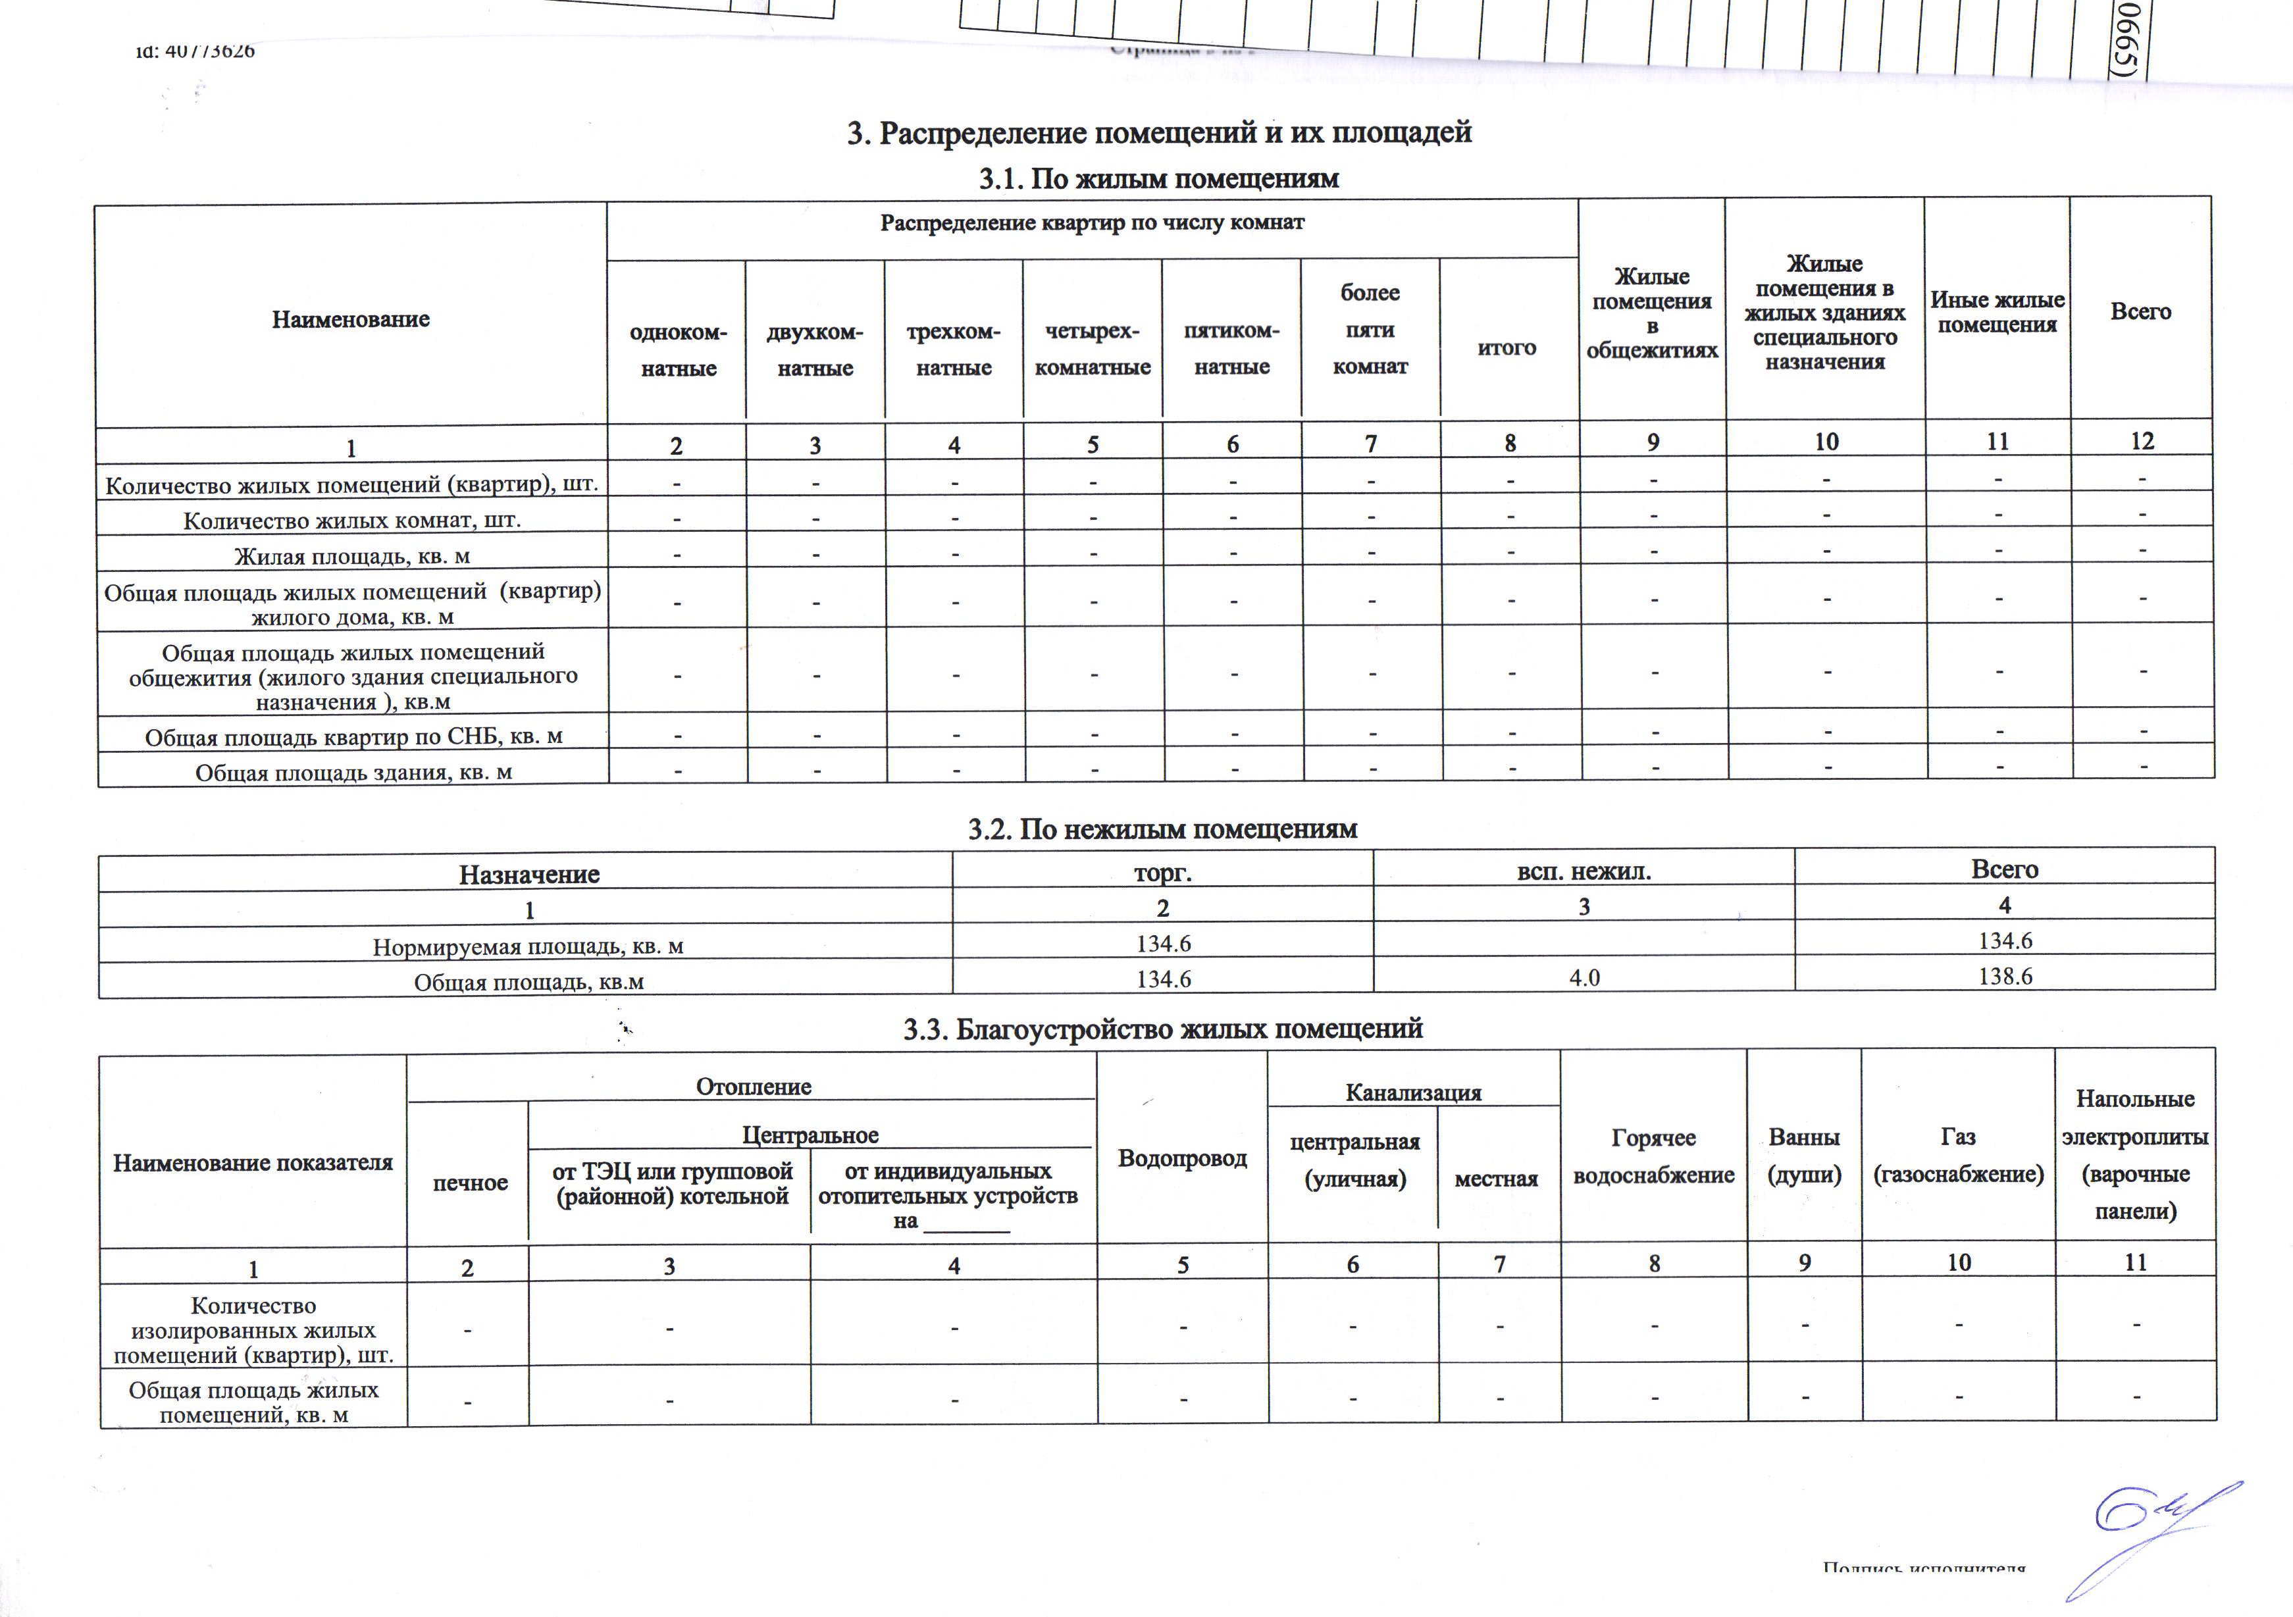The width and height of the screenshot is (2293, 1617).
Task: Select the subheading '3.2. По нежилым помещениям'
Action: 1162,829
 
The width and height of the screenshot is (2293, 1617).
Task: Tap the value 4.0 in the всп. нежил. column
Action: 1584,978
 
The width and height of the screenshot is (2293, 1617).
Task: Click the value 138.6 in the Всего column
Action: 2004,976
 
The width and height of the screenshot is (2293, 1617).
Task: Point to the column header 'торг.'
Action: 1162,872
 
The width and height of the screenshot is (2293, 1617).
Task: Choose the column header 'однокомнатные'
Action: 678,349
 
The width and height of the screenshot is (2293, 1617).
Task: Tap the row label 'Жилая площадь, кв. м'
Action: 351,556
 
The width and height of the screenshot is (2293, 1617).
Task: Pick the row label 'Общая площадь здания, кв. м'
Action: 353,772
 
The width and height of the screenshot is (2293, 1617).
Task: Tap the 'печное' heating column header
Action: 469,1183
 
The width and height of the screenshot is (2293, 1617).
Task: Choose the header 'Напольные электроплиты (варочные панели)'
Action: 2134,1154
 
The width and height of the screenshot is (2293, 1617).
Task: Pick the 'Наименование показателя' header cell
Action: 253,1162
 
